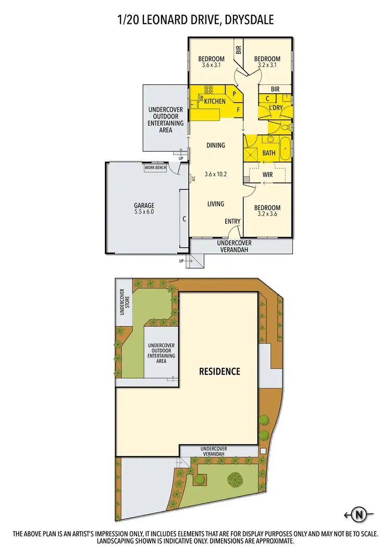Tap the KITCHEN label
click(x=215, y=101)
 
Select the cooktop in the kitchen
click(x=208, y=89)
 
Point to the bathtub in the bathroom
click(x=285, y=149)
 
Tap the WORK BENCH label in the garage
click(x=156, y=168)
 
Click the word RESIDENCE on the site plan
click(x=219, y=372)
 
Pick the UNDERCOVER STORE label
click(x=125, y=306)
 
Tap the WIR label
click(x=267, y=175)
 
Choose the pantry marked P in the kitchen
click(x=234, y=94)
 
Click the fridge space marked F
click(x=238, y=109)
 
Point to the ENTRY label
click(x=233, y=222)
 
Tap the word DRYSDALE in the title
click(x=246, y=20)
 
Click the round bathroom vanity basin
click(x=271, y=139)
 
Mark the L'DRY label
click(x=275, y=107)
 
